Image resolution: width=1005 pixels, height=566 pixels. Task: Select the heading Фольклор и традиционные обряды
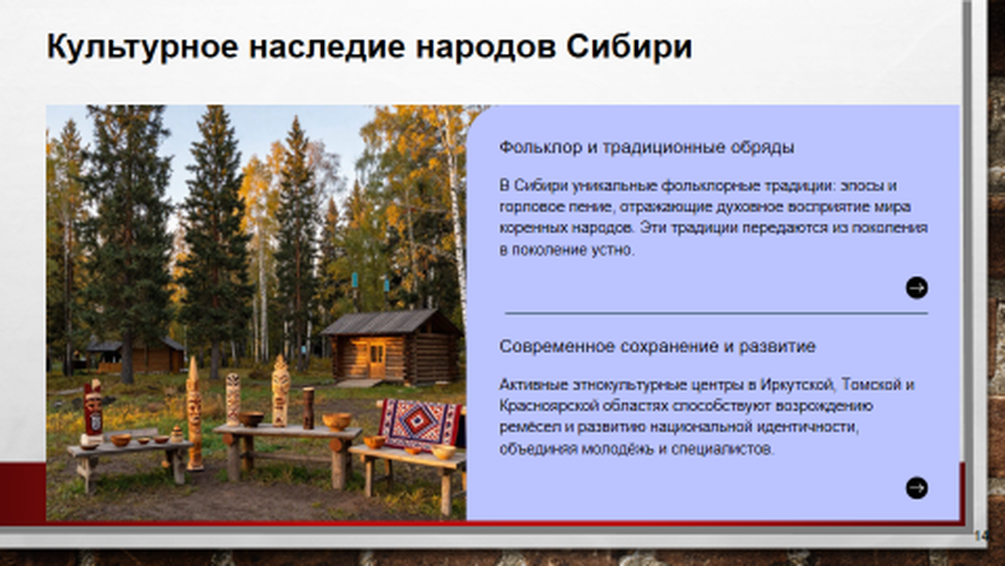647,147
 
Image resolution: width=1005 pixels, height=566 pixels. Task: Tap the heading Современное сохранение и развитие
657,347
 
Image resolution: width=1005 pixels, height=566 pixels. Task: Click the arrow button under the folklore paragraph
917,288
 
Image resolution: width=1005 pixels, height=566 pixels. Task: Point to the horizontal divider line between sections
715,313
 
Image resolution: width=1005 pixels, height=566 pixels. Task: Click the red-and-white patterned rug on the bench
420,424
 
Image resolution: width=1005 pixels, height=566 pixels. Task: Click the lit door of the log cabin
376,360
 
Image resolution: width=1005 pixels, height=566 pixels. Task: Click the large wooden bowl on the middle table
338,421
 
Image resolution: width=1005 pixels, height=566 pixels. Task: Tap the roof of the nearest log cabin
389,322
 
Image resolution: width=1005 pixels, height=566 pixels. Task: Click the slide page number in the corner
980,536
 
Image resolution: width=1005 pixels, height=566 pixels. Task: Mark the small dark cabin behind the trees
135,355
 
